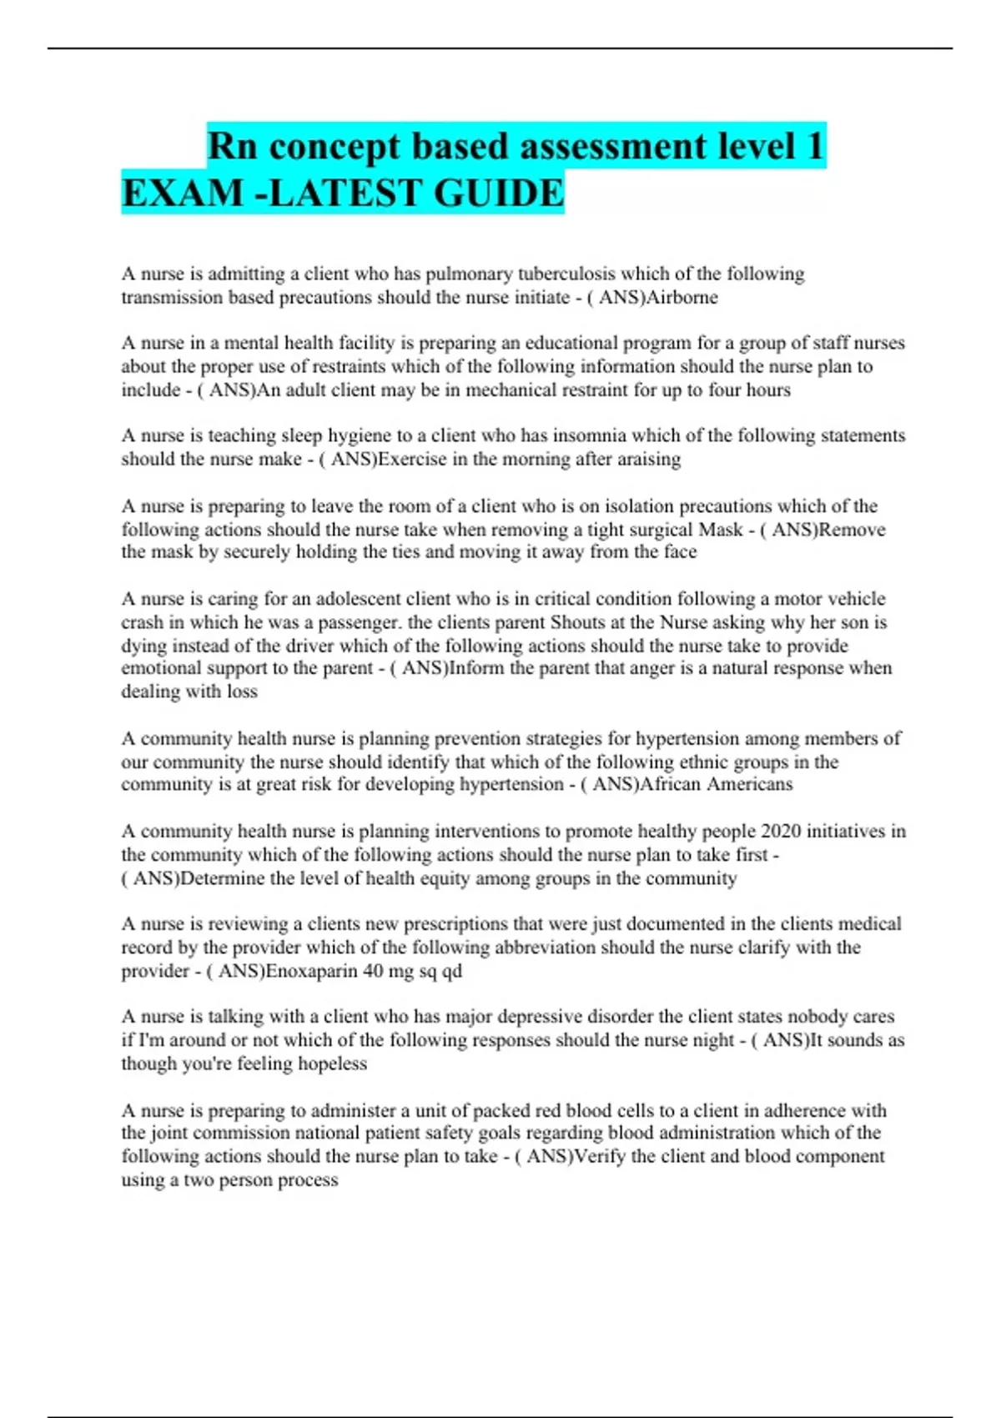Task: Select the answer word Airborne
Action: click(x=682, y=298)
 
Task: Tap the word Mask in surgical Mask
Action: click(x=721, y=530)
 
